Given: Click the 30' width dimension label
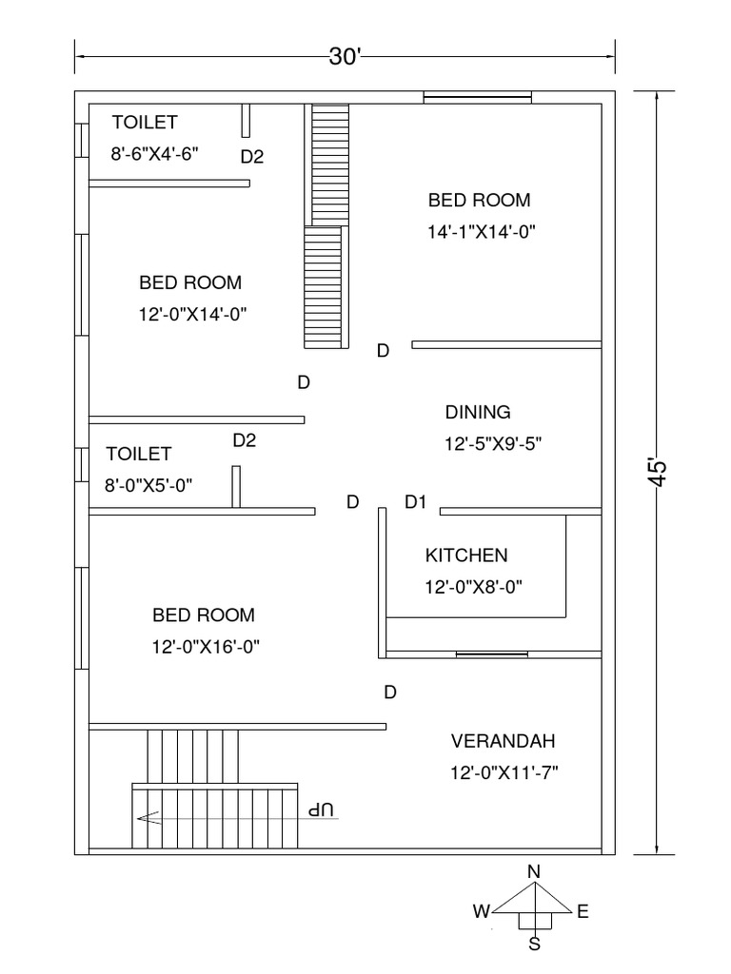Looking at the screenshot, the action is pyautogui.click(x=345, y=56).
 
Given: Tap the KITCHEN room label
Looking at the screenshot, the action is pyautogui.click(x=466, y=555).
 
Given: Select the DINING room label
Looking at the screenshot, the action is pyautogui.click(x=478, y=412).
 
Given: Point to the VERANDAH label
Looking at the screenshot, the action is pyautogui.click(x=503, y=741).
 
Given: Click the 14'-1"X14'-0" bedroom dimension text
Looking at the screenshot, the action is pyautogui.click(x=481, y=232).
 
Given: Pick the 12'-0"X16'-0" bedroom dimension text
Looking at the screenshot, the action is pyautogui.click(x=206, y=647).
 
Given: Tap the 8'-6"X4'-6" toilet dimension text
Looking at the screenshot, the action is pyautogui.click(x=155, y=153).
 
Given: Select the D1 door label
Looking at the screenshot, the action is pyautogui.click(x=415, y=502).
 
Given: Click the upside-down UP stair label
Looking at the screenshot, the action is pyautogui.click(x=321, y=810).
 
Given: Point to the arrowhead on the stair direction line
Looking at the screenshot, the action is pyautogui.click(x=148, y=818).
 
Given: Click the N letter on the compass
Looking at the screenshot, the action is pyautogui.click(x=533, y=872).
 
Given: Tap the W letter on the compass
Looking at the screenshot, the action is pyautogui.click(x=482, y=911).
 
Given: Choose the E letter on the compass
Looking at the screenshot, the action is pyautogui.click(x=583, y=911).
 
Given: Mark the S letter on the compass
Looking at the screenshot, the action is pyautogui.click(x=535, y=945).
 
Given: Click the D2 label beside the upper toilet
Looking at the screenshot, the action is pyautogui.click(x=252, y=157).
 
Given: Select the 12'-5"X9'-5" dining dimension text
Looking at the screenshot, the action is pyautogui.click(x=493, y=444).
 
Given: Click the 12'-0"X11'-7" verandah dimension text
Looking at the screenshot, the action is pyautogui.click(x=504, y=772).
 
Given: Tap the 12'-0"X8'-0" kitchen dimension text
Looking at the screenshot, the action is pyautogui.click(x=474, y=587).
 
